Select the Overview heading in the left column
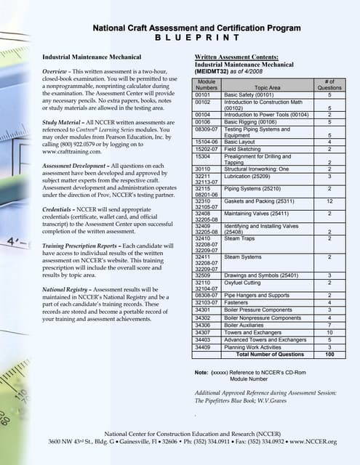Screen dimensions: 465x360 pyautogui.click(x=56, y=74)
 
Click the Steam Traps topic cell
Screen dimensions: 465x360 pyautogui.click(x=241, y=238)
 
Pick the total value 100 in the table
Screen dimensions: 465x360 pyautogui.click(x=329, y=354)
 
